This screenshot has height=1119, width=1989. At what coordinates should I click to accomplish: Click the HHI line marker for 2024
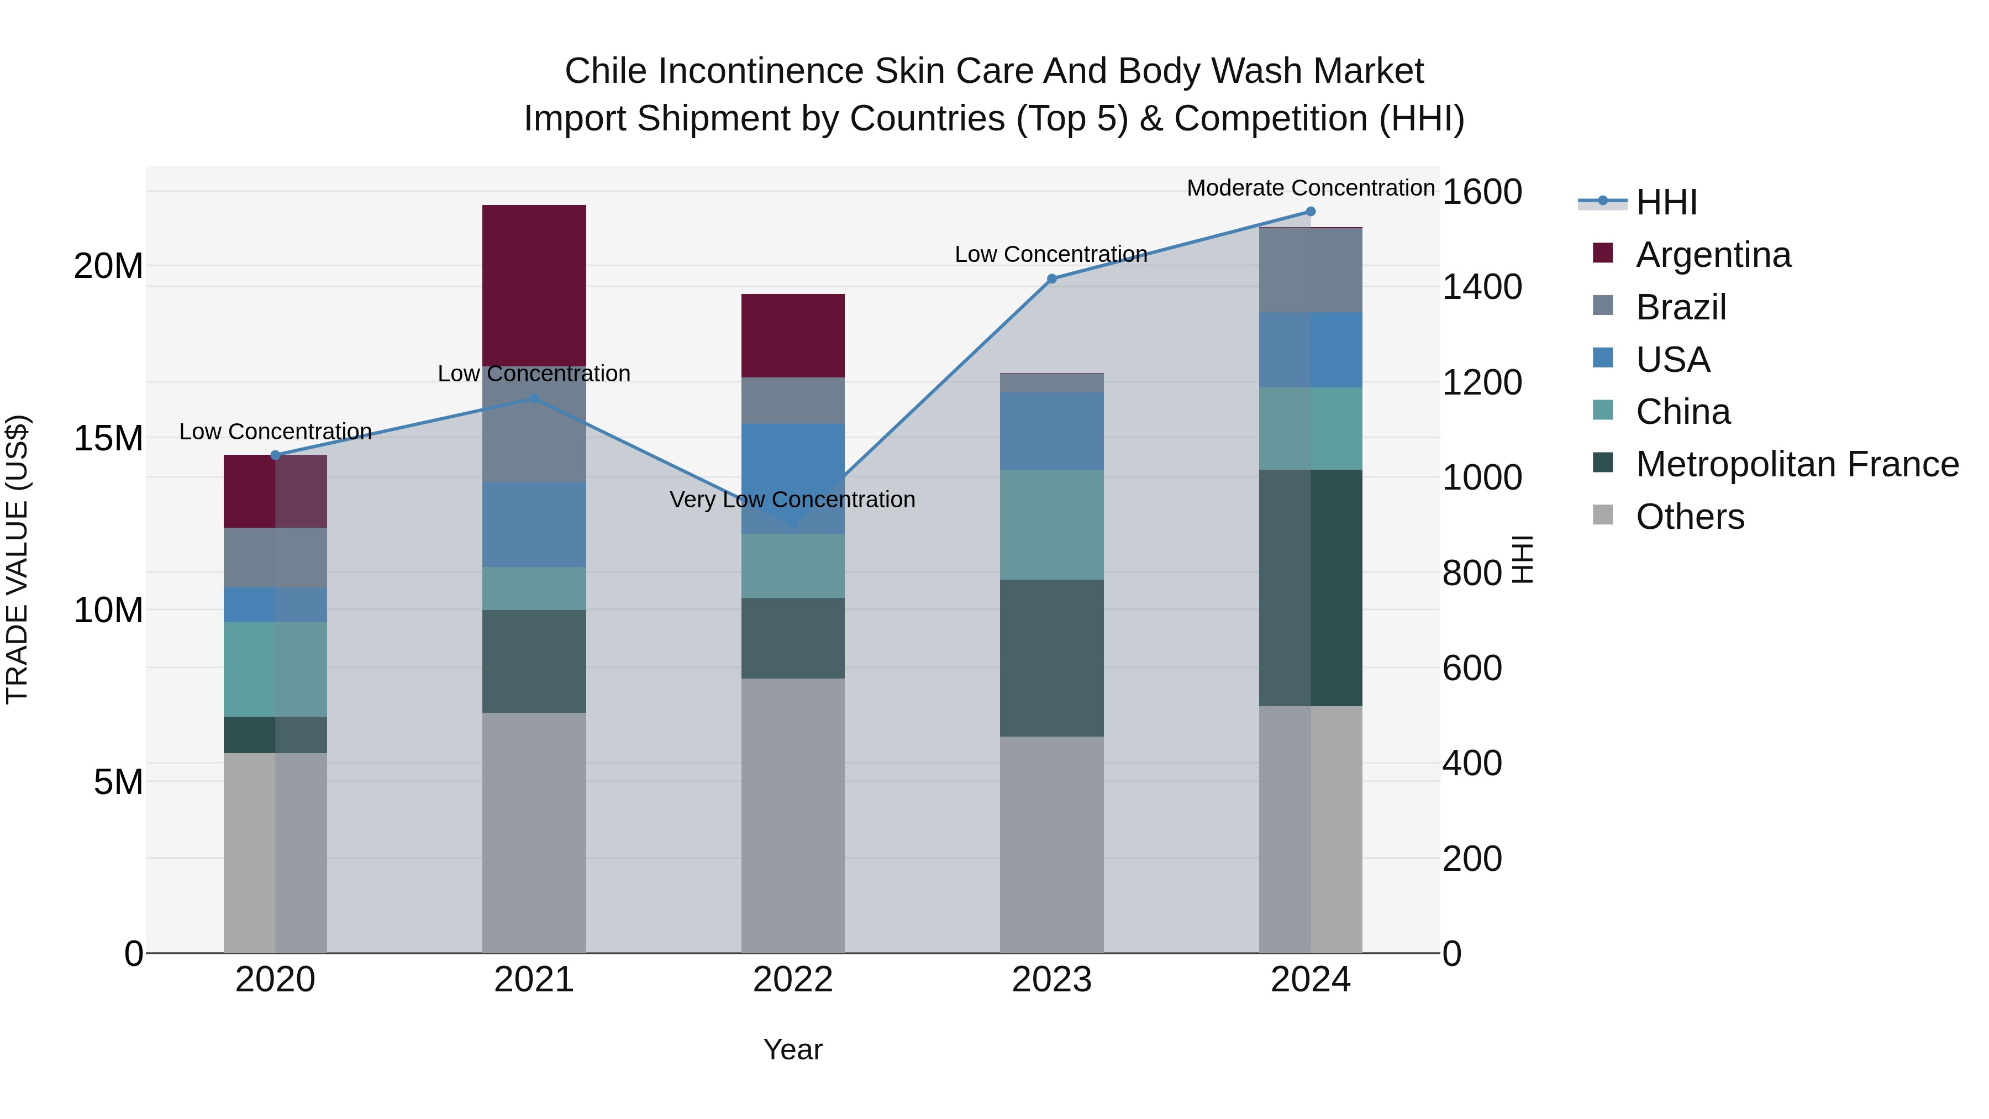coord(1311,212)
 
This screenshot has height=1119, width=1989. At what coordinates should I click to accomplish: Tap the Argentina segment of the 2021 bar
coord(534,285)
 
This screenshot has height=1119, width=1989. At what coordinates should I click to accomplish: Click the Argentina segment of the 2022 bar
coord(793,335)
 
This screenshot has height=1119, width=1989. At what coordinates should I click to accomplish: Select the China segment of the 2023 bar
coord(1051,524)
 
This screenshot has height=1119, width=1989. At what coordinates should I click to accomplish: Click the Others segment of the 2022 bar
coord(793,815)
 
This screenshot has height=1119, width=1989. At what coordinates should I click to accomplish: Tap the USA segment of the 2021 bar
coord(534,524)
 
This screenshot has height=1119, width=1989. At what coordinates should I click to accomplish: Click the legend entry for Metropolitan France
coord(1796,464)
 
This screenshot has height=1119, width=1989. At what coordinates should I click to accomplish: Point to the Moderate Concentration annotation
coord(1311,188)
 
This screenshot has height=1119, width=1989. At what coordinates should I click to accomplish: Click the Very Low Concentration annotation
coord(792,500)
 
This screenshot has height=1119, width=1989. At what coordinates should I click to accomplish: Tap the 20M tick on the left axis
coord(108,266)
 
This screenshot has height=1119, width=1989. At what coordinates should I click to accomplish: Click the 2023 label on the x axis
coord(1051,980)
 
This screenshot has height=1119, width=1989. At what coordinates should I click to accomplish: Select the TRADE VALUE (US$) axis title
coord(17,559)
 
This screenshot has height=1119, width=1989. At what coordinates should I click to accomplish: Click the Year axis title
coord(792,1049)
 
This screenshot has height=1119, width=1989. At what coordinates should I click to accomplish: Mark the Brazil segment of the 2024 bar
coord(1311,270)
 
